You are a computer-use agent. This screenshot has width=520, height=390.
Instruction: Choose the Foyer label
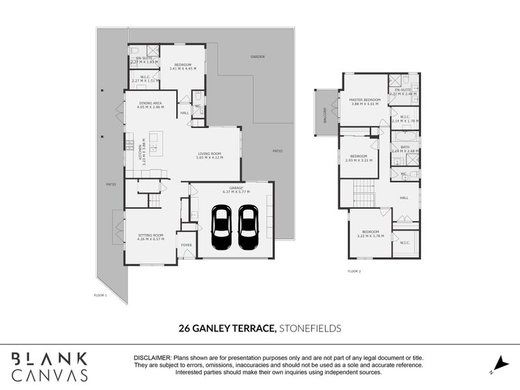point(187,245)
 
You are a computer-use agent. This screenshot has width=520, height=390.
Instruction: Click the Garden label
point(258,57)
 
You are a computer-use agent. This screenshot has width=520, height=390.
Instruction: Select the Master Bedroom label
point(363,99)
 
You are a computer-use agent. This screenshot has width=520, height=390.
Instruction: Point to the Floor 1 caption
point(100,295)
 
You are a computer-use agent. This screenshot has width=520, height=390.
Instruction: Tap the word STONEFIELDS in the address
point(310,329)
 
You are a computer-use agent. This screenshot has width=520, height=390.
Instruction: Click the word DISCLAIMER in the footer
point(152,358)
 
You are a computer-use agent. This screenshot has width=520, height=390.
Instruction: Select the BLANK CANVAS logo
point(50,366)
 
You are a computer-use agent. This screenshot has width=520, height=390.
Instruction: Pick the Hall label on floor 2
point(404,198)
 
